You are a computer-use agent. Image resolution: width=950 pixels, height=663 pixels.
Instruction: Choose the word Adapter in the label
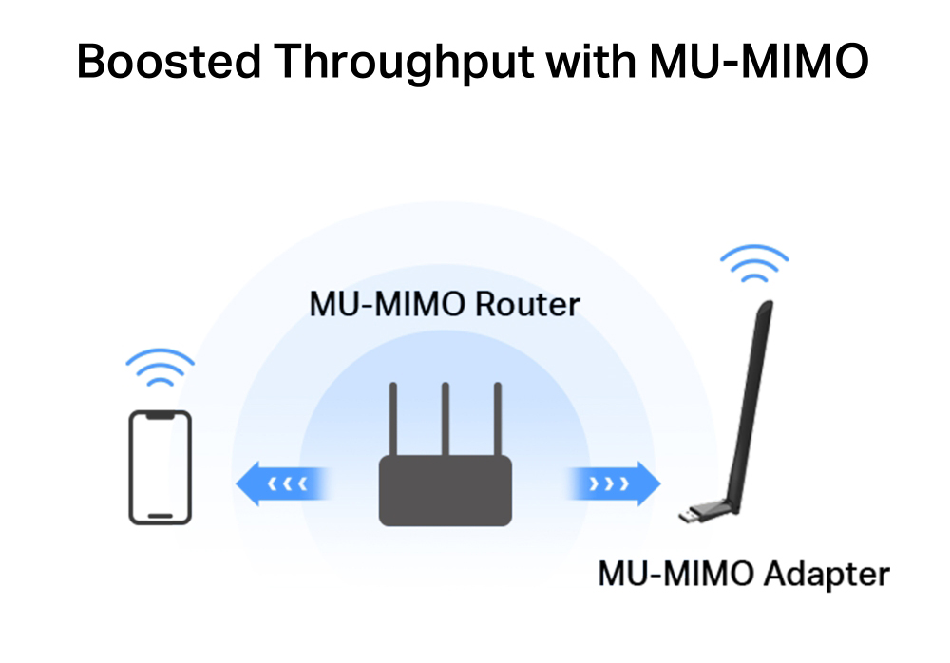tap(828, 573)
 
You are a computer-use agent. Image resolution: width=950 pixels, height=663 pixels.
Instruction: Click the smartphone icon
tap(160, 467)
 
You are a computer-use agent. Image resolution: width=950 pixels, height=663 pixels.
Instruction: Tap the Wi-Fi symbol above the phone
tap(160, 368)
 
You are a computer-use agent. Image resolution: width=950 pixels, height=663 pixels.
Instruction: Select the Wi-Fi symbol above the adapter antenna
tap(754, 265)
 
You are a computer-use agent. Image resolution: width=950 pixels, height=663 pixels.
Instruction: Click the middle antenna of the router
tap(445, 418)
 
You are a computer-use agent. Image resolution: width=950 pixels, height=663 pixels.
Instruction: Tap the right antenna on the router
tap(495, 418)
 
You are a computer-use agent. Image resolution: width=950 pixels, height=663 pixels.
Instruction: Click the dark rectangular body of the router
tap(445, 490)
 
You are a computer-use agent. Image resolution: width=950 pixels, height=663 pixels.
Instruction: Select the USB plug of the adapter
tap(693, 515)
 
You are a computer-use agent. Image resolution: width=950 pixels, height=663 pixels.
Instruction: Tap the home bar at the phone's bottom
tap(160, 516)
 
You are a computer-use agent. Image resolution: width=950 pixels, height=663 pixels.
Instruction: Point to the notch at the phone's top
tap(160, 416)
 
